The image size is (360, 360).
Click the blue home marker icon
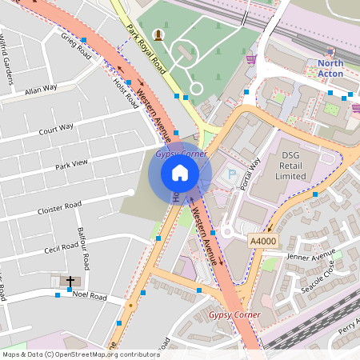[x=180, y=172]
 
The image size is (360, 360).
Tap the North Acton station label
[x=330, y=68]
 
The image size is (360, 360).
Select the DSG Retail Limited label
[x=291, y=166]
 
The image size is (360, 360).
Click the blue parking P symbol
[x=233, y=174]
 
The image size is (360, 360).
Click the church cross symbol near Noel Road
[x=70, y=282]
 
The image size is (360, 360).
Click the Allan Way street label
[x=41, y=89]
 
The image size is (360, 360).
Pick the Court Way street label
[x=56, y=127]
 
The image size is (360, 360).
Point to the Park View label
[x=71, y=166]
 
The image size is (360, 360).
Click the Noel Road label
[x=89, y=296]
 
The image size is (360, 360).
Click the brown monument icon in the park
[x=158, y=34]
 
